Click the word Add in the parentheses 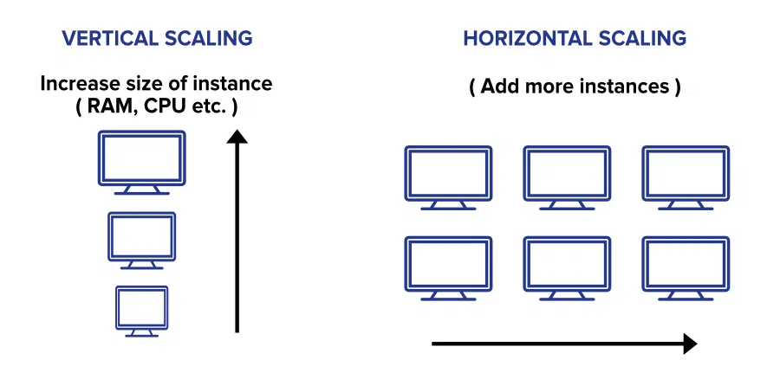[x=499, y=86]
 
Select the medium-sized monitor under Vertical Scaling [x=142, y=260]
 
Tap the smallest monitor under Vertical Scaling [x=142, y=328]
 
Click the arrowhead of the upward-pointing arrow [x=237, y=137]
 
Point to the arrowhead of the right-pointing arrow [x=690, y=344]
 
